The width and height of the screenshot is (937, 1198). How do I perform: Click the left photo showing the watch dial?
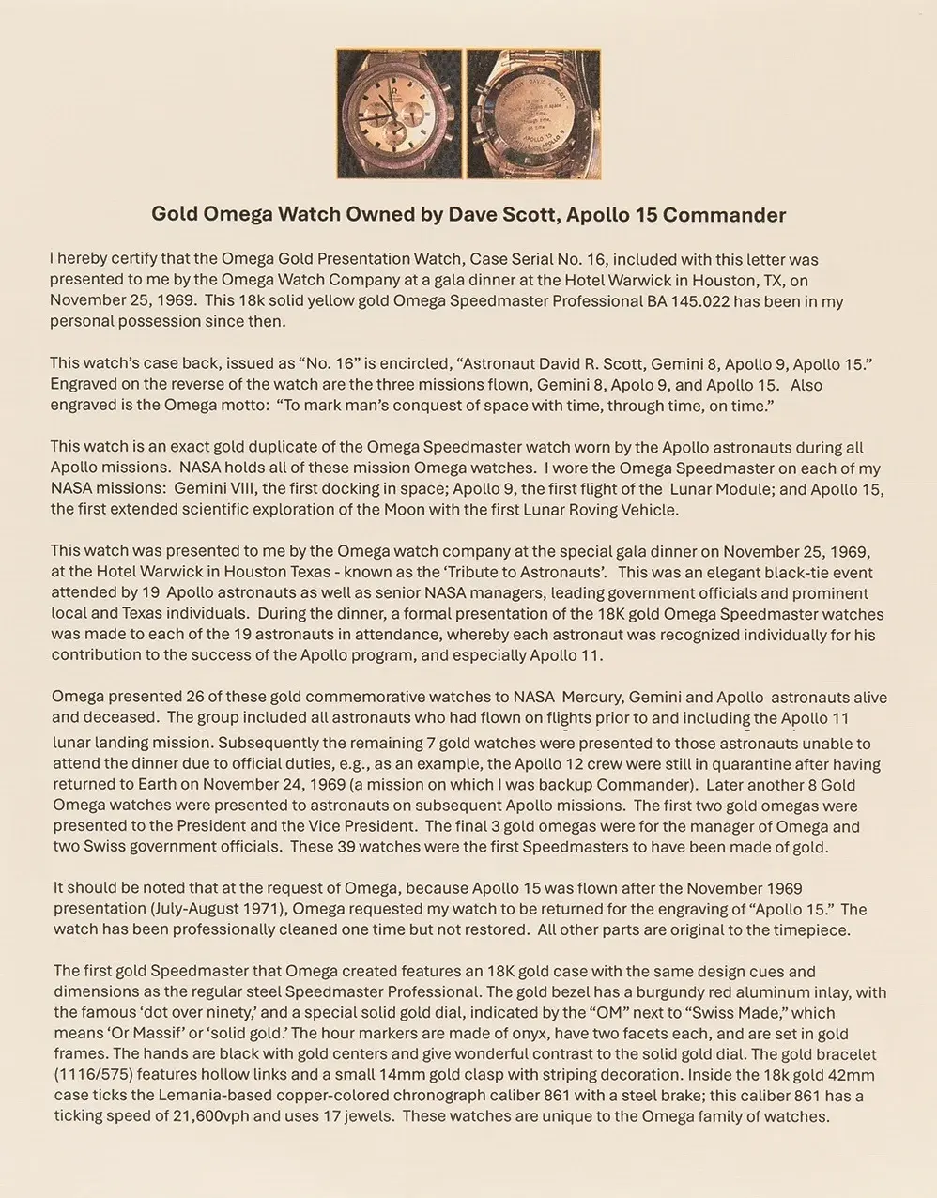pyautogui.click(x=401, y=114)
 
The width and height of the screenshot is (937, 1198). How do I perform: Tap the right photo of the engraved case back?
pyautogui.click(x=533, y=114)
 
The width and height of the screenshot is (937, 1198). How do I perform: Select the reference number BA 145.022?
pyautogui.click(x=745, y=300)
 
